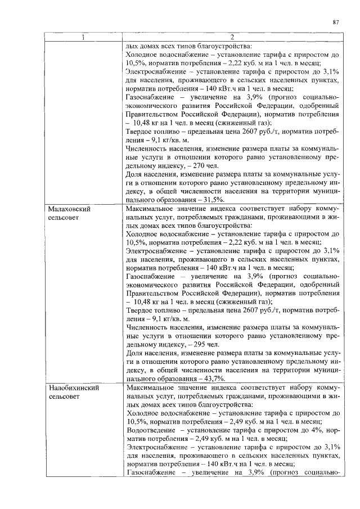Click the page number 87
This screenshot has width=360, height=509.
335,22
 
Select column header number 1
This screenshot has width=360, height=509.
83,38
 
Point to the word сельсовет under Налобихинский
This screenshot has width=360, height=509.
64,397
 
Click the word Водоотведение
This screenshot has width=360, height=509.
152,430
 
